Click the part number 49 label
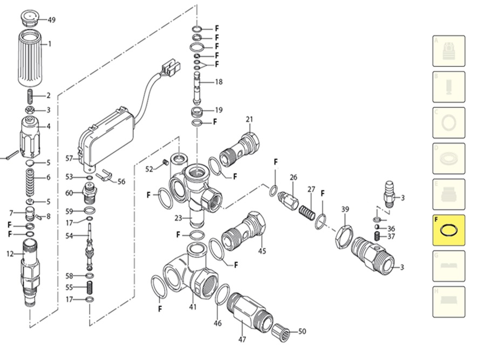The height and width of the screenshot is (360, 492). (52, 20)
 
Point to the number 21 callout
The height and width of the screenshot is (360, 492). (249, 119)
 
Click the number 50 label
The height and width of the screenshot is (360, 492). (302, 331)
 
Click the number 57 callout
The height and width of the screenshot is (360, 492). (69, 158)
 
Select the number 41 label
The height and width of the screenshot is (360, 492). (193, 307)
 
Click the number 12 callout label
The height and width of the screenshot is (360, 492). (10, 254)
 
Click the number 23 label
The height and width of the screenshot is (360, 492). (179, 219)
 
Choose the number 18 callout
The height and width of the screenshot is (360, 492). (218, 82)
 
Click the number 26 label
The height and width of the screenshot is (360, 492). (293, 178)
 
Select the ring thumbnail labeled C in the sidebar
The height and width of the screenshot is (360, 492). (448, 123)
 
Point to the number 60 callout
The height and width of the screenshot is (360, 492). (69, 193)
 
